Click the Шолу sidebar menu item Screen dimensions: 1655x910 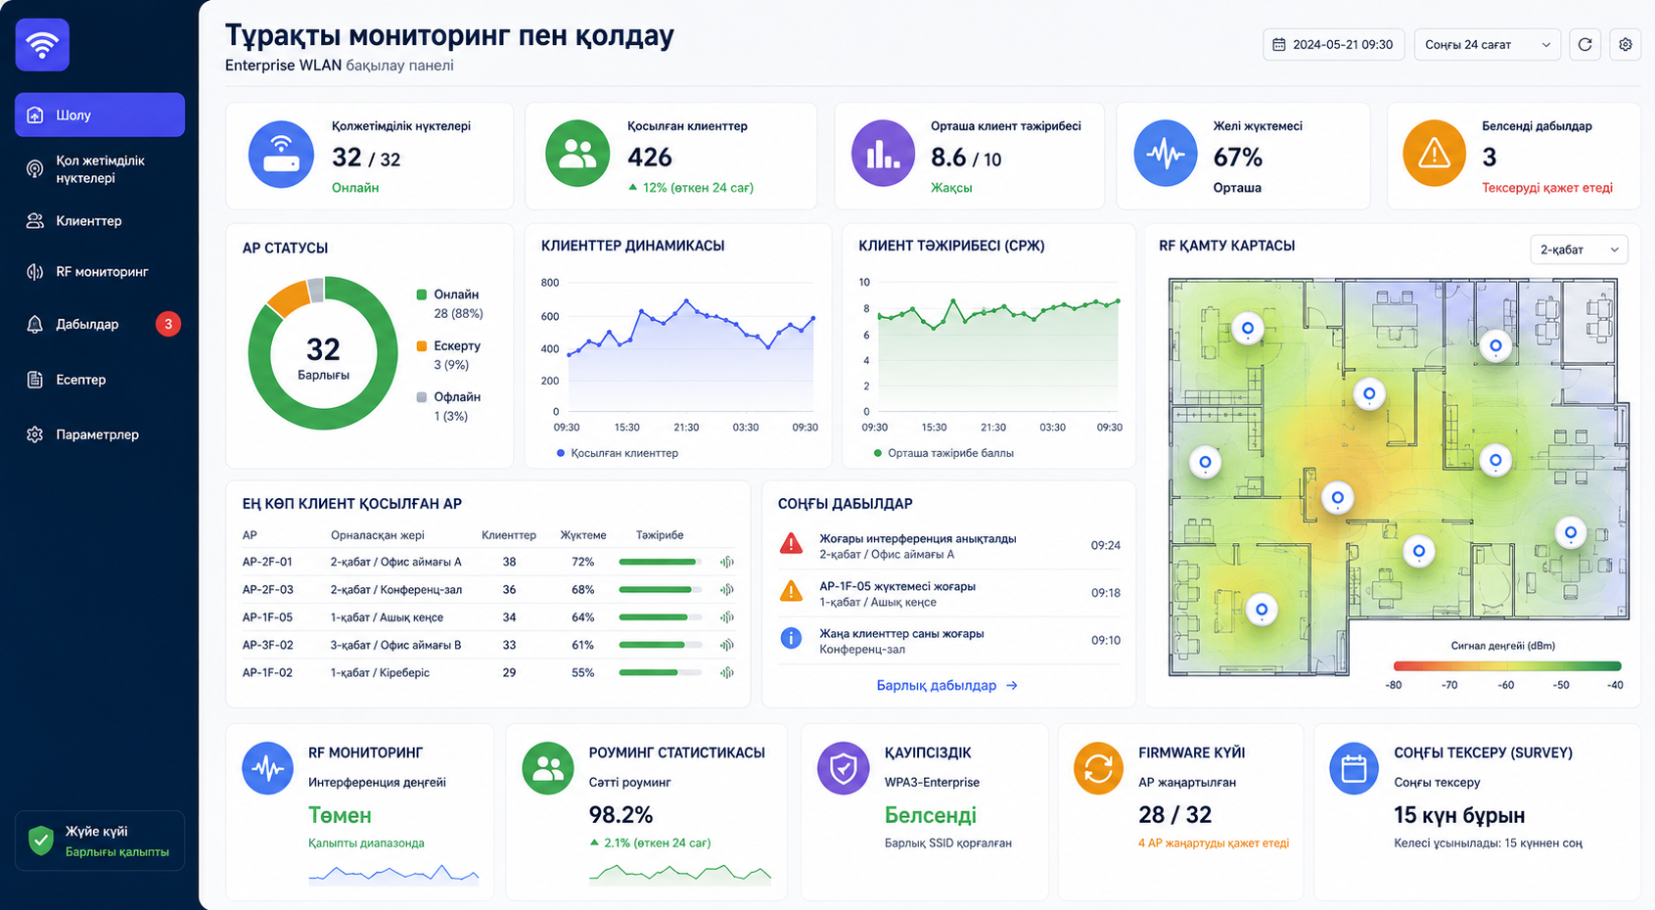coord(100,114)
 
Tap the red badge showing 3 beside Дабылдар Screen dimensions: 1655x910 coord(167,324)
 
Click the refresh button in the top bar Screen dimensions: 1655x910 coord(1585,44)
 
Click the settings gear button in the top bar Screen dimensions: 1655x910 coord(1626,44)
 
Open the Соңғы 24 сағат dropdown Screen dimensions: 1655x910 coord(1488,44)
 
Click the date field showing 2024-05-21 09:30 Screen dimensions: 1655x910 coord(1334,44)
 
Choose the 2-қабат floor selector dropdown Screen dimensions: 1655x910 coord(1579,250)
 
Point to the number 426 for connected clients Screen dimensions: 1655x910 coord(650,158)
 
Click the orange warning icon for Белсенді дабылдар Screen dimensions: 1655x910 coord(1434,154)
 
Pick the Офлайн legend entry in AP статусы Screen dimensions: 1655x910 coord(448,406)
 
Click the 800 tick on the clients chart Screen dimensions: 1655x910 coord(550,282)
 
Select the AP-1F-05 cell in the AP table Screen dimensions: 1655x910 coord(267,617)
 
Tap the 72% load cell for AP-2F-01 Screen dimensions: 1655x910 coord(583,562)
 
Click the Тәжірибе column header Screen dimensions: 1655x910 coord(660,535)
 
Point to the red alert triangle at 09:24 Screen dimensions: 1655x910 coord(792,544)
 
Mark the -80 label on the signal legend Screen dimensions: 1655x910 coord(1393,685)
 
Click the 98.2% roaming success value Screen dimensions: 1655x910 coord(621,815)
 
